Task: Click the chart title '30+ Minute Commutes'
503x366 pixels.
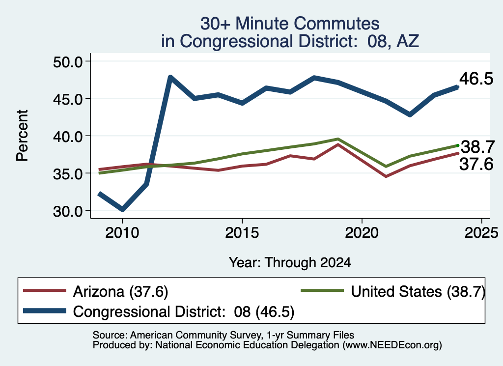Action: pos(290,24)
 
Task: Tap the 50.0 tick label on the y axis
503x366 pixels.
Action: pos(68,62)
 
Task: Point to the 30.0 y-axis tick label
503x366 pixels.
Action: pos(68,211)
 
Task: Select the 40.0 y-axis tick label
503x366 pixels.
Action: pos(68,137)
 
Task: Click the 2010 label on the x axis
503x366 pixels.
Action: pos(122,232)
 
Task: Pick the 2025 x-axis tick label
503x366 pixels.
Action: pos(481,232)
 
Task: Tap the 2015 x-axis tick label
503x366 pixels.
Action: pos(242,232)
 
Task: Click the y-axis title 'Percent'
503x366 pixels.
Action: pos(23,136)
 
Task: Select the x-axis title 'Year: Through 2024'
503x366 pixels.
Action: pos(290,263)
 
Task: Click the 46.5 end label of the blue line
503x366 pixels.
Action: pos(476,79)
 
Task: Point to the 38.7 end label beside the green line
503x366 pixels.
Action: pos(477,147)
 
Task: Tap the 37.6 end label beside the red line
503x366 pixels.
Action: pos(476,164)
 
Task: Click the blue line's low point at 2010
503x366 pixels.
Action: pos(122,209)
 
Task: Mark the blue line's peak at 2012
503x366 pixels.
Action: pos(170,77)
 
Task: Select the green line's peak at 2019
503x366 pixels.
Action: pos(338,139)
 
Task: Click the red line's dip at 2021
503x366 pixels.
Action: pos(386,176)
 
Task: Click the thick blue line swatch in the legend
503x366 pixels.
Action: pos(45,310)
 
